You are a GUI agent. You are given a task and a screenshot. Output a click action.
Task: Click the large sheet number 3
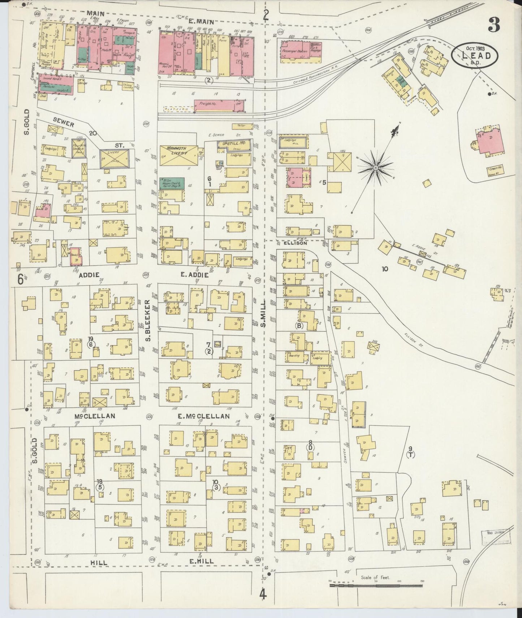[494, 25]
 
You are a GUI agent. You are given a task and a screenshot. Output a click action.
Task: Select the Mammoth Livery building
[179, 156]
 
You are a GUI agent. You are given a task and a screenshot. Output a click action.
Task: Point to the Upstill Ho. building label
[234, 143]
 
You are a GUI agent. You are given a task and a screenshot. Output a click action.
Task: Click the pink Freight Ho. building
[219, 106]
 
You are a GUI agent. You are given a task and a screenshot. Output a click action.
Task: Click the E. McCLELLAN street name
[203, 416]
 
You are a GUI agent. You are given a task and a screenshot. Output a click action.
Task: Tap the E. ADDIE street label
[195, 275]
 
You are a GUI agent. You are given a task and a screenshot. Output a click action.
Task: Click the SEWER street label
[63, 124]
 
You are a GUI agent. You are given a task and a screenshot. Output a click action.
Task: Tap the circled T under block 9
[410, 455]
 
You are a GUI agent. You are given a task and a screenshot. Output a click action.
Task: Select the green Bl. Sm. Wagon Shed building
[172, 183]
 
